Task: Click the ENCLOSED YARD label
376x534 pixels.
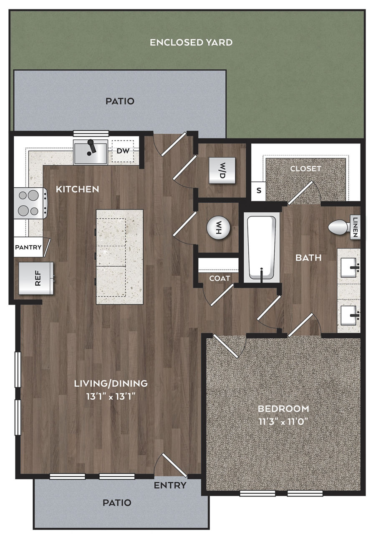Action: click(191, 43)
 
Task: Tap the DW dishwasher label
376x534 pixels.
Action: click(123, 151)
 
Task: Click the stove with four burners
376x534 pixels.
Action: click(31, 203)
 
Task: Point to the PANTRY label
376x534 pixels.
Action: click(28, 247)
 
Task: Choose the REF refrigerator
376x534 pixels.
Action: click(36, 278)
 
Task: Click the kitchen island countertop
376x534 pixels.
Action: click(119, 257)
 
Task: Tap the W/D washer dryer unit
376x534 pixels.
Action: click(222, 171)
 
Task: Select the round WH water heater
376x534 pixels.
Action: click(218, 228)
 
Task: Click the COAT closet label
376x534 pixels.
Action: click(220, 278)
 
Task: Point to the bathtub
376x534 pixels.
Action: click(262, 247)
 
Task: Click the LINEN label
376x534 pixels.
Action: click(355, 227)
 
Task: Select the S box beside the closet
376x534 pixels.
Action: click(259, 191)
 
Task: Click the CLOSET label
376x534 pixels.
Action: click(305, 169)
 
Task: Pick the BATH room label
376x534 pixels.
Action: click(308, 258)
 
